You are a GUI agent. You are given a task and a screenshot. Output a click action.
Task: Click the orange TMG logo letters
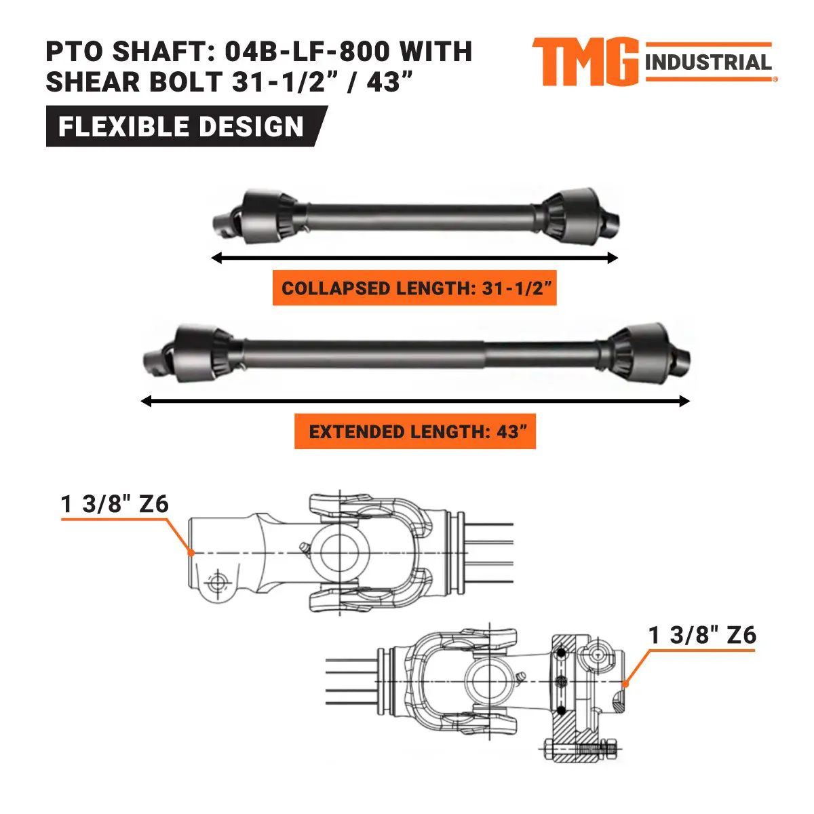585,62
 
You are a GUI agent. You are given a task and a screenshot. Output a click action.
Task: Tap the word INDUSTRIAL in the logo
708,63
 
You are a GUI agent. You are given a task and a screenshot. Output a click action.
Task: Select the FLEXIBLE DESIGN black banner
182,127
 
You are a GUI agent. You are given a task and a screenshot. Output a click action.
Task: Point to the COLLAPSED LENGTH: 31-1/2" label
414,288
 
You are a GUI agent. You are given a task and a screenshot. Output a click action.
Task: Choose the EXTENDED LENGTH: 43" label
415,432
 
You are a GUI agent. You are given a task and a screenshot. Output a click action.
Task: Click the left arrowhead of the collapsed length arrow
216,258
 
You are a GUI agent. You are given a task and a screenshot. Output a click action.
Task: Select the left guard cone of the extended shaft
200,353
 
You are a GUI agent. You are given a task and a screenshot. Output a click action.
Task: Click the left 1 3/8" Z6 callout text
115,505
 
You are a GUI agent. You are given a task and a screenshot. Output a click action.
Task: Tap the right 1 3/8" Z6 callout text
702,636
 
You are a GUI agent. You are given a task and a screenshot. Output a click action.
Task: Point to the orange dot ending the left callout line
192,553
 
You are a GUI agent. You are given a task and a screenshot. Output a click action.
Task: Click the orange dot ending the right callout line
625,684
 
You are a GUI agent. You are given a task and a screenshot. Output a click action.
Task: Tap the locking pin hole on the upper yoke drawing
217,582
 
